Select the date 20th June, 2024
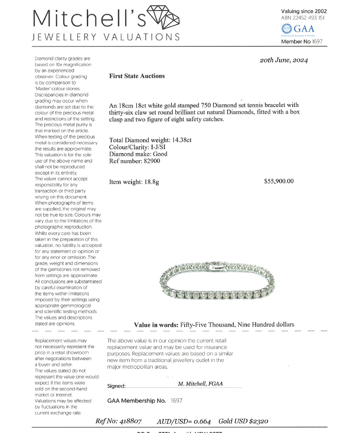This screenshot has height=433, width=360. point(284,60)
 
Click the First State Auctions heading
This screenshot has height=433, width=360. point(137,76)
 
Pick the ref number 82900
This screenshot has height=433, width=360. point(151,161)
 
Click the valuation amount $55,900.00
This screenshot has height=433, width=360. point(279,181)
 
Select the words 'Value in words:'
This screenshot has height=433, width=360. point(156,325)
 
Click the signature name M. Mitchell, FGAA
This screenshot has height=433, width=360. point(200,384)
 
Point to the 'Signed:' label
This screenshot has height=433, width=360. point(116,386)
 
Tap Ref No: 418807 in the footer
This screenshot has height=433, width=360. point(119,421)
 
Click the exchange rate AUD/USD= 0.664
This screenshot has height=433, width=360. point(184,421)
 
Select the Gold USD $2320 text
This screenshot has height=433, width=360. point(243,421)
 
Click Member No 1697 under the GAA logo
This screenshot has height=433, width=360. point(301,42)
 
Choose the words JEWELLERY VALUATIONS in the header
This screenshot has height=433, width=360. point(106,37)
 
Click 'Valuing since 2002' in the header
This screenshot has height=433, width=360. point(304,11)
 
